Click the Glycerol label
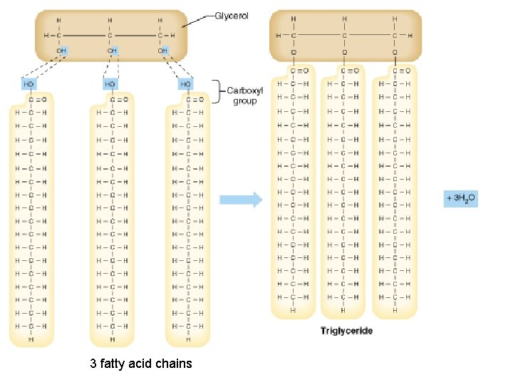tap(232, 16)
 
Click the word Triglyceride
tap(346, 331)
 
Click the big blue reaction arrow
tap(240, 200)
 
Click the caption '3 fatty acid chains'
tap(141, 364)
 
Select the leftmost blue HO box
tap(29, 84)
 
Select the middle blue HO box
tap(110, 84)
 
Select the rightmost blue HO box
tap(186, 84)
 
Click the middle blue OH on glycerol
tap(112, 51)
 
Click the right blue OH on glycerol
tap(163, 51)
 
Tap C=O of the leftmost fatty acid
tap(36, 99)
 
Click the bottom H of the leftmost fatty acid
tap(31, 339)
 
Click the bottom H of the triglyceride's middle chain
tap(344, 310)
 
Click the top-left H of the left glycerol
tap(60, 19)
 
